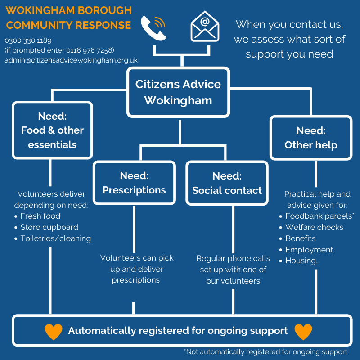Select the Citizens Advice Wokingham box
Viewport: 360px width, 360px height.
(x=178, y=92)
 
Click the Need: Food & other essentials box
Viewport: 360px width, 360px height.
(x=52, y=130)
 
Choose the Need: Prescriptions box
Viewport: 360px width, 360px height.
(x=134, y=183)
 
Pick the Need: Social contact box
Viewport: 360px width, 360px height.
(x=227, y=183)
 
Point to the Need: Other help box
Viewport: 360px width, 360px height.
(x=310, y=138)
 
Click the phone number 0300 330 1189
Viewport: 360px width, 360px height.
(x=28, y=40)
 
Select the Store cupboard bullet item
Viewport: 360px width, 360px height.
(x=49, y=227)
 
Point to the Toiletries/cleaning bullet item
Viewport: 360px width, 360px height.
(x=55, y=238)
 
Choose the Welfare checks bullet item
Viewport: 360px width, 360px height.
(x=314, y=227)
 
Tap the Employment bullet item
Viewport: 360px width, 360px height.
(x=309, y=250)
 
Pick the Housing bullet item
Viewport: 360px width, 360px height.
(x=301, y=261)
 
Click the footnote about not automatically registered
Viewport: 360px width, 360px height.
(x=265, y=352)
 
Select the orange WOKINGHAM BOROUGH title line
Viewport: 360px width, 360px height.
(x=68, y=10)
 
